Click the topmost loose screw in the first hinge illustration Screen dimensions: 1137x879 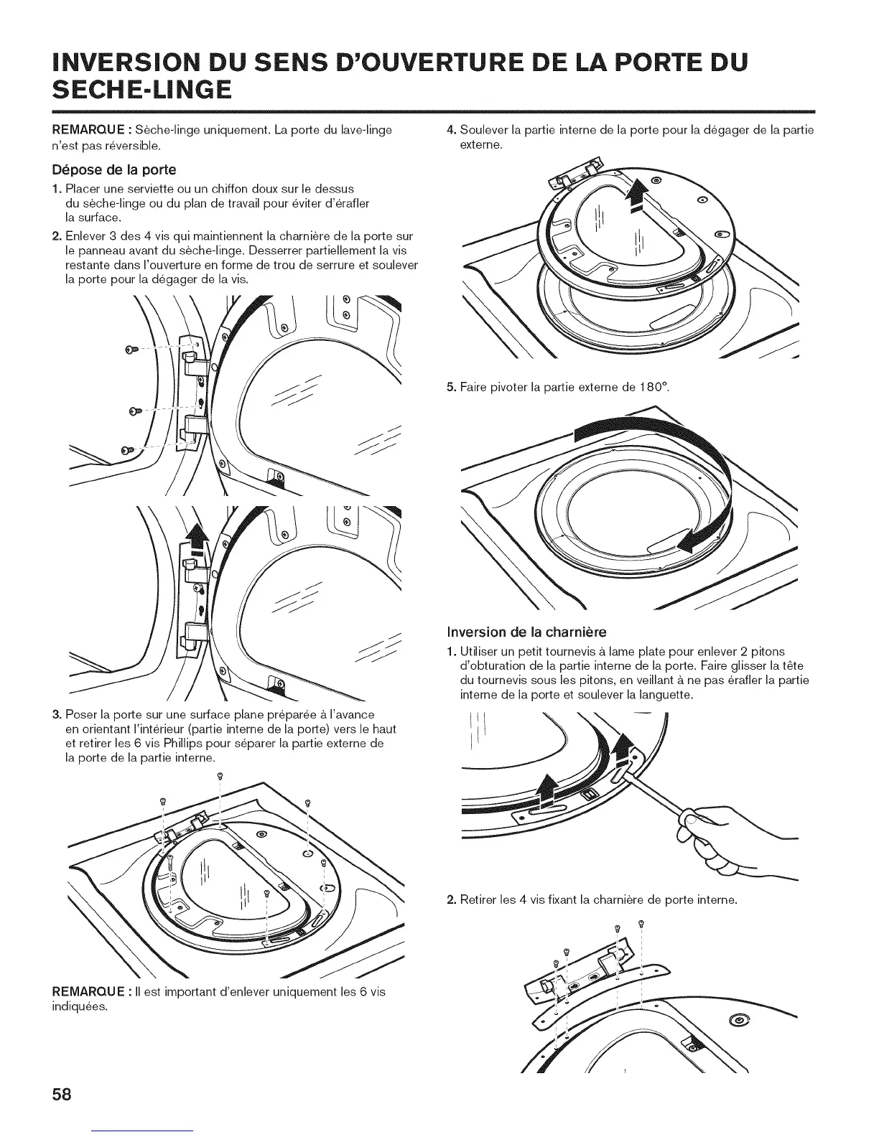(x=131, y=350)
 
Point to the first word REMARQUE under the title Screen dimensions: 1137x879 (x=85, y=130)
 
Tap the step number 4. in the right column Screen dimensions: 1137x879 (x=451, y=130)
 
